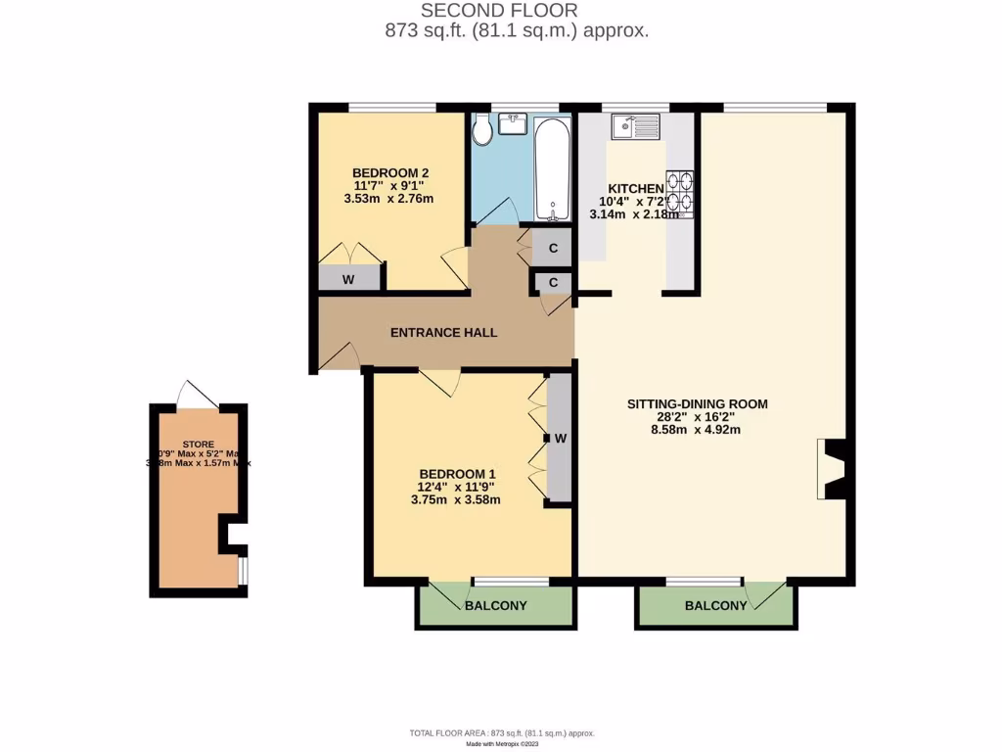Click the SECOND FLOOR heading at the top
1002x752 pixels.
pos(499,11)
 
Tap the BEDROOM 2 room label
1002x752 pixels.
pos(391,172)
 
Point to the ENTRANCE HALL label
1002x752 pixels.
pos(443,333)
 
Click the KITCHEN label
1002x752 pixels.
pos(636,189)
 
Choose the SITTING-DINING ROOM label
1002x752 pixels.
pos(698,403)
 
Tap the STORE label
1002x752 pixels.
pos(199,444)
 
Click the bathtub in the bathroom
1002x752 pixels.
pos(553,169)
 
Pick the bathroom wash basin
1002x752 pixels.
pos(513,122)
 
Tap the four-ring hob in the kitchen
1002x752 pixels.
pos(680,192)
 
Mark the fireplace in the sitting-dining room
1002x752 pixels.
pos(831,470)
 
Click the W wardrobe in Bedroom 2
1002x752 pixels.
pos(348,279)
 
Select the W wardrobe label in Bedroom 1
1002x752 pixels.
pos(561,438)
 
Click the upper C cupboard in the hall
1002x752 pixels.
pos(553,249)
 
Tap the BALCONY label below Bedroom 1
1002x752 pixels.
pos(495,606)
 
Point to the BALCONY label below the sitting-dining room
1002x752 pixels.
pos(715,606)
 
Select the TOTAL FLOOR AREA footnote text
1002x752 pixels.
pos(501,733)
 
